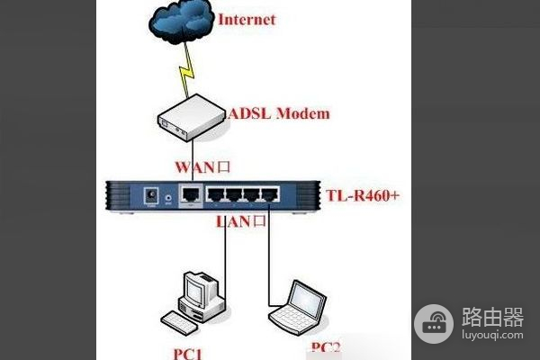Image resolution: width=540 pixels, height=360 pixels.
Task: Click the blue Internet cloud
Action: (x=181, y=22)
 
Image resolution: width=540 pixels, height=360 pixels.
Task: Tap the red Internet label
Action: (x=247, y=19)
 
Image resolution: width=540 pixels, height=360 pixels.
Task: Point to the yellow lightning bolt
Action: (x=186, y=70)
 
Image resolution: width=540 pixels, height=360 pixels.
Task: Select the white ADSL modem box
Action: (x=192, y=118)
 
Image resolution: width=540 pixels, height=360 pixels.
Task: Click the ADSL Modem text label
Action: (x=279, y=113)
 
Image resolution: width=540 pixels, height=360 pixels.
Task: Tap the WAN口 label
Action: (x=202, y=167)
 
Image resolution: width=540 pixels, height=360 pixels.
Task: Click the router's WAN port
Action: (x=191, y=195)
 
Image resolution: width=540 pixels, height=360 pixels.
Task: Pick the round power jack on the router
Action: (x=151, y=196)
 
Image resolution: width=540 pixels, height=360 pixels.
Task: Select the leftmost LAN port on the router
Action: (x=215, y=195)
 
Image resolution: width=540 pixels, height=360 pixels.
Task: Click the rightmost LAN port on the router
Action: (x=270, y=195)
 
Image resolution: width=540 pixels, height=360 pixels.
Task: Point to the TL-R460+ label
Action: (x=363, y=195)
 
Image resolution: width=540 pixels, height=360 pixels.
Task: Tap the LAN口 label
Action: (x=240, y=221)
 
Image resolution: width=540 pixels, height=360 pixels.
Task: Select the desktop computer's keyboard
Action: (x=179, y=323)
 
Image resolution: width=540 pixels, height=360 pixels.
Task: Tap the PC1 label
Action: (x=187, y=354)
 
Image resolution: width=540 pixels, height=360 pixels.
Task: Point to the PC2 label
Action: (x=326, y=347)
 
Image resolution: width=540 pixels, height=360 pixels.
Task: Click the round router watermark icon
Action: (x=434, y=323)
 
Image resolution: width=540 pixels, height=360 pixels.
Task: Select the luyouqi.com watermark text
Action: (x=492, y=335)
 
